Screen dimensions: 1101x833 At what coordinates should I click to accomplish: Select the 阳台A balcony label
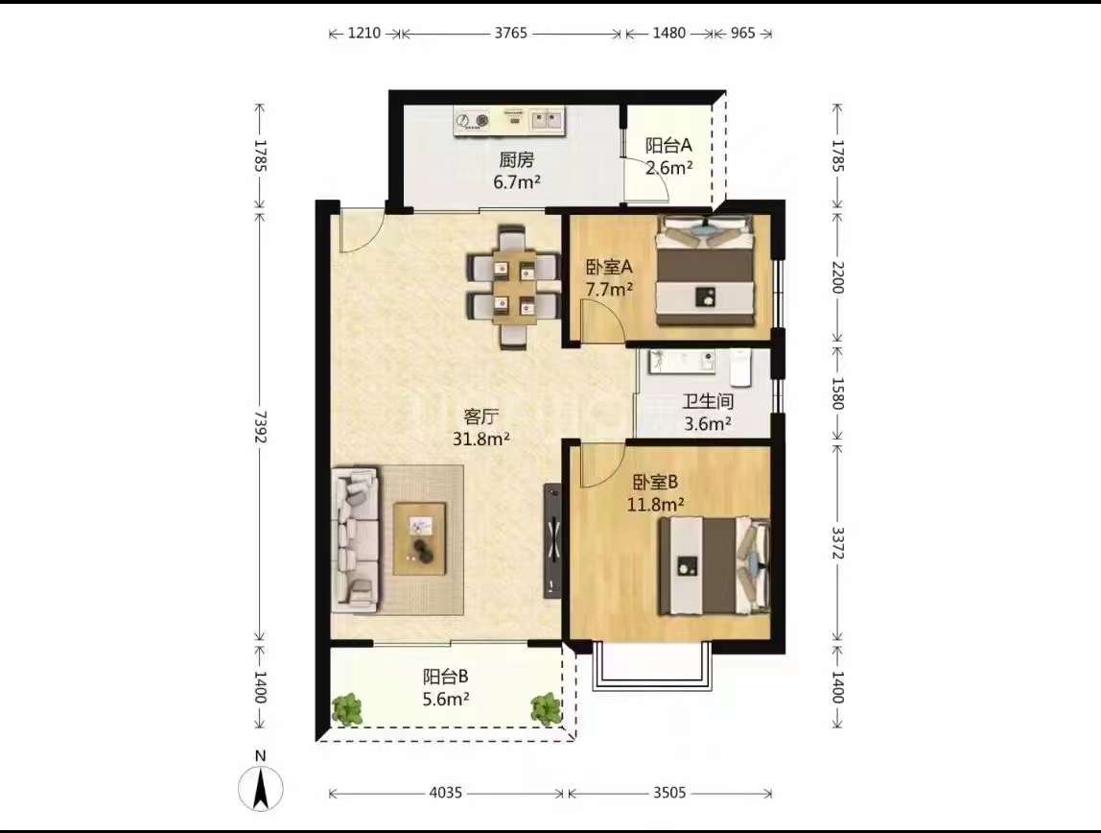pyautogui.click(x=668, y=145)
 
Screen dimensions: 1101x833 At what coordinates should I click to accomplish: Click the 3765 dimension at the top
pyautogui.click(x=510, y=33)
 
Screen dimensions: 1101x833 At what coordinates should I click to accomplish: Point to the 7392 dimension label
pyautogui.click(x=260, y=426)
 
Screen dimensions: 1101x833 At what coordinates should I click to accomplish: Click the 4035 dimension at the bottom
pyautogui.click(x=445, y=793)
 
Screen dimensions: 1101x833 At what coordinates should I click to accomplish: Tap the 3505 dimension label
pyautogui.click(x=669, y=793)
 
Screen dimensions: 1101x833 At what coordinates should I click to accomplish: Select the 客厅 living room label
pyautogui.click(x=481, y=416)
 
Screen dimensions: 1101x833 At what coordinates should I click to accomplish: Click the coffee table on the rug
pyautogui.click(x=420, y=538)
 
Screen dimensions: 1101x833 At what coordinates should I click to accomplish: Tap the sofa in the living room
pyautogui.click(x=355, y=537)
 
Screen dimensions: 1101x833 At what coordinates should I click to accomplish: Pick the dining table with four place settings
pyautogui.click(x=514, y=287)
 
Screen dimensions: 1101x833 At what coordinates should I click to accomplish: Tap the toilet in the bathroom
pyautogui.click(x=740, y=368)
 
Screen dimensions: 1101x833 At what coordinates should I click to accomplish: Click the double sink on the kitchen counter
pyautogui.click(x=547, y=121)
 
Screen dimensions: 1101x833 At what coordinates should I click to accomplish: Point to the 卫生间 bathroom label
pyautogui.click(x=708, y=402)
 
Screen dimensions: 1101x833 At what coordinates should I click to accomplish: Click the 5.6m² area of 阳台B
pyautogui.click(x=445, y=699)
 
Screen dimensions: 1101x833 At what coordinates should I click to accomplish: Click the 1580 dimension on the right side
pyautogui.click(x=837, y=393)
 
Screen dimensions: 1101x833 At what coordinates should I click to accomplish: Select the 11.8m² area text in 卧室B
pyautogui.click(x=656, y=504)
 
